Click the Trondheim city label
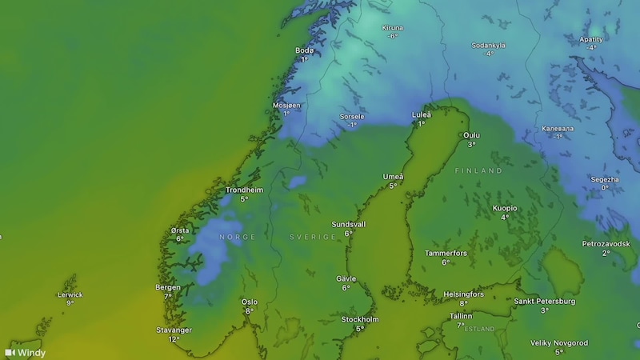(x=244, y=190)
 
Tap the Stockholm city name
(x=360, y=319)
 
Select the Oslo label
(x=250, y=302)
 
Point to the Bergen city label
(x=168, y=286)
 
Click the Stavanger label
(x=174, y=329)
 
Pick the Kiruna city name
(x=393, y=28)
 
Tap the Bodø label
(x=304, y=50)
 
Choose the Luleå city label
(x=421, y=114)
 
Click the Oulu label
(x=472, y=135)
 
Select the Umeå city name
(x=394, y=177)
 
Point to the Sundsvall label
(x=349, y=225)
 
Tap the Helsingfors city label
(x=462, y=294)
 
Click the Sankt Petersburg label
(x=544, y=301)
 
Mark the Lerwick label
(x=70, y=294)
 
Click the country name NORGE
(x=238, y=238)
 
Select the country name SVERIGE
(x=312, y=238)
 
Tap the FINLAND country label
(x=478, y=171)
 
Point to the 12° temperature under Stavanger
(x=174, y=339)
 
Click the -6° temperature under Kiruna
(x=393, y=37)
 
